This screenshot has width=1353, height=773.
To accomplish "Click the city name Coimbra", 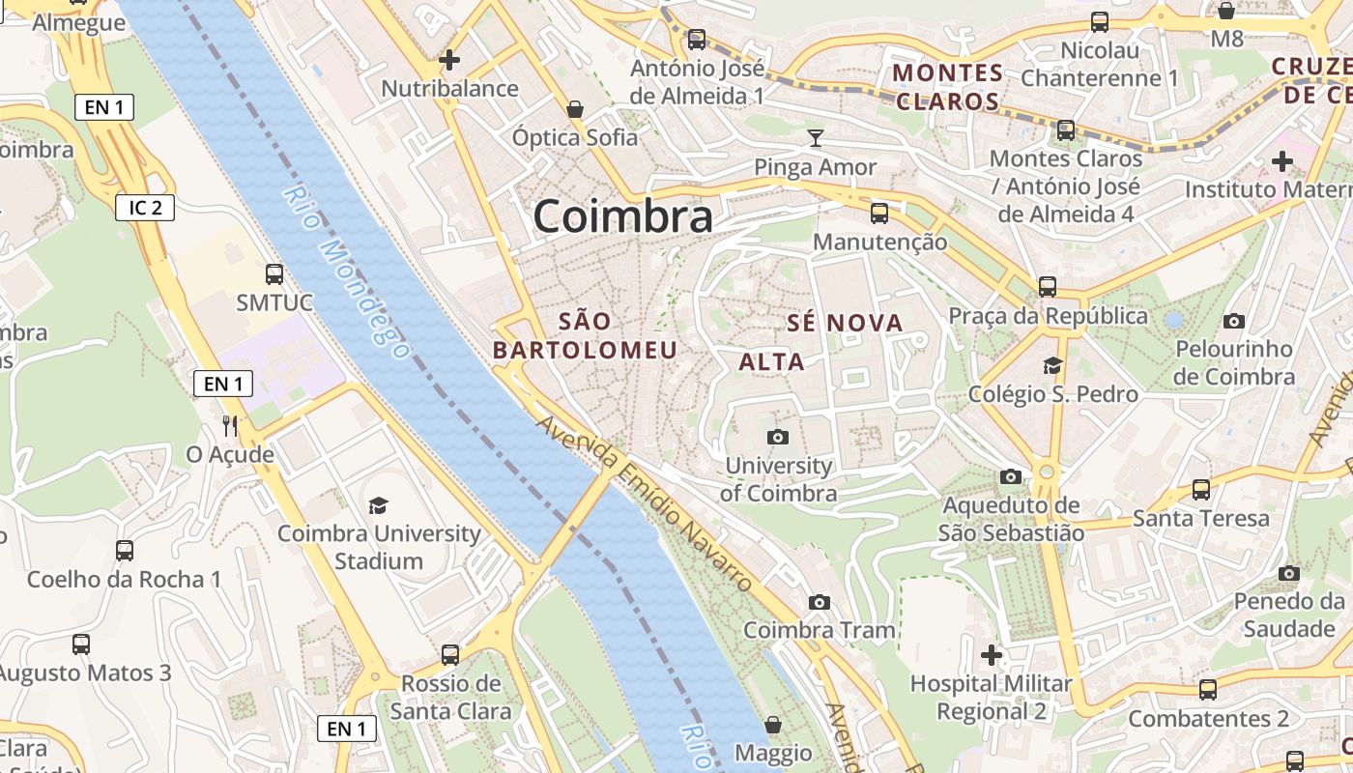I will tap(623, 216).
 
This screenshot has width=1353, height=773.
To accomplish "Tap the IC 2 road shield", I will tap(145, 207).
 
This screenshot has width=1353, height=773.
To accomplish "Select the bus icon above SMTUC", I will tap(274, 273).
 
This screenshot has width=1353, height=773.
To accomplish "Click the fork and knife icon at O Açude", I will tap(230, 425).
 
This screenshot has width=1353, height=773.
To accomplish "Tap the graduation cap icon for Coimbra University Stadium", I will tap(378, 505).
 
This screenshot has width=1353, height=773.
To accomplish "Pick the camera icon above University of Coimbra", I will tap(778, 438).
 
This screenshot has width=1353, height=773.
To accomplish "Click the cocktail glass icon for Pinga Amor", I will tap(816, 138).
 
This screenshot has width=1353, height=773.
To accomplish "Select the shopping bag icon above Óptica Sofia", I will tap(575, 109).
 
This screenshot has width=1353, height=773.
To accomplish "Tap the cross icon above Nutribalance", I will tap(449, 60).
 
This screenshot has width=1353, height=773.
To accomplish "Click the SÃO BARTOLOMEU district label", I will tap(586, 335).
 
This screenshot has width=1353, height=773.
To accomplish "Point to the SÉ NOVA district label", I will tap(845, 323).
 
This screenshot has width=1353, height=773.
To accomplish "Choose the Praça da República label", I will tap(1048, 316).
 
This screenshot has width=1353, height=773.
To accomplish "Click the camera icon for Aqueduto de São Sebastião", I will tap(1011, 476).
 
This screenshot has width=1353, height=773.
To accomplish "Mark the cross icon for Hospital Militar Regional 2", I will tap(992, 655).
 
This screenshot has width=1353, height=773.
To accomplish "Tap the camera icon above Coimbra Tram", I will tap(820, 603).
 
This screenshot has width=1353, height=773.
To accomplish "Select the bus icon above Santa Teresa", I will tap(1201, 490).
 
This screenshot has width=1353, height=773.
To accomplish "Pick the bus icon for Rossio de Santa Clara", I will tap(450, 654).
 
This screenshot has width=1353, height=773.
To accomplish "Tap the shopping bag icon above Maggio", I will tap(773, 724).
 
